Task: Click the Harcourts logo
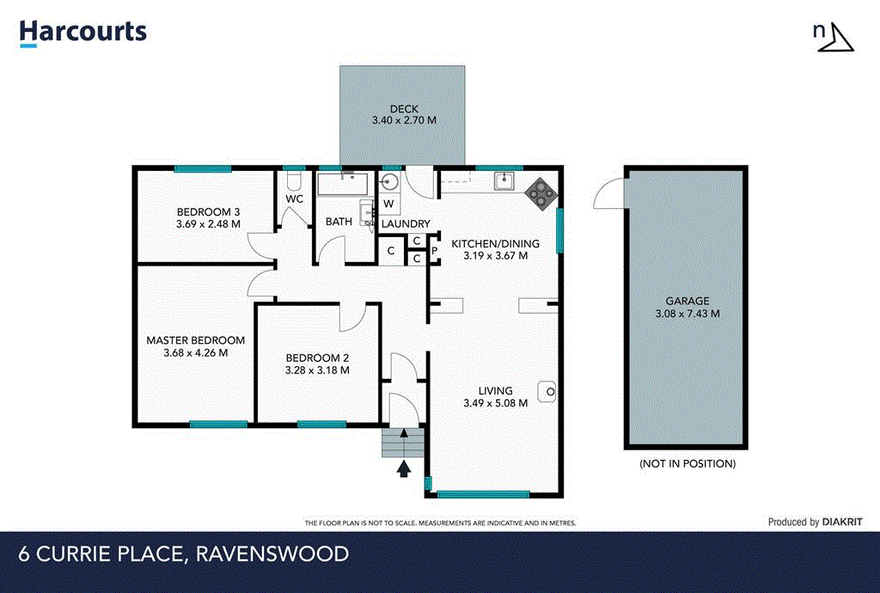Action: point(83,33)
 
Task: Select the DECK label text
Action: point(403,109)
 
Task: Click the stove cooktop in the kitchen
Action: point(541,193)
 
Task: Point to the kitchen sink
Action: point(503,181)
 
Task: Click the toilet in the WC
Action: point(293,180)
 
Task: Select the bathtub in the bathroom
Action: point(342,184)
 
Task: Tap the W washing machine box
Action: point(388,205)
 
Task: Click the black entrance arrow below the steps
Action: point(404,468)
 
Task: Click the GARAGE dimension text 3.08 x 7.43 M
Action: point(687,314)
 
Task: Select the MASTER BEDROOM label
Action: point(195,340)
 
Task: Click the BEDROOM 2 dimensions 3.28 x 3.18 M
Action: point(316,371)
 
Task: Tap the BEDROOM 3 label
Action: point(208,212)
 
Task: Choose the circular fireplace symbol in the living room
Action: point(547,392)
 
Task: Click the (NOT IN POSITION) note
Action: point(687,463)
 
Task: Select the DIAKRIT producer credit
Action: point(841,522)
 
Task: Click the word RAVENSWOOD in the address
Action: point(272,554)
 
